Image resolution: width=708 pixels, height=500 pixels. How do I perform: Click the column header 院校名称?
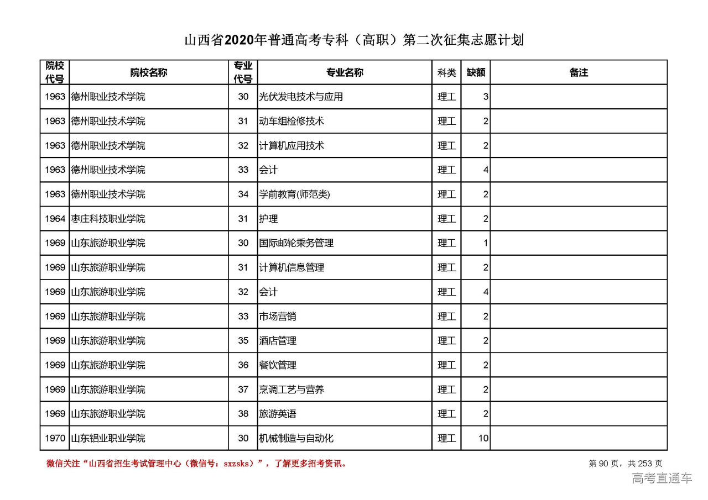pyautogui.click(x=148, y=72)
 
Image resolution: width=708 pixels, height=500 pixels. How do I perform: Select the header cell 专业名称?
pyautogui.click(x=344, y=72)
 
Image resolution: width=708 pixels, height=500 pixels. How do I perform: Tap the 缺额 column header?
pyautogui.click(x=475, y=72)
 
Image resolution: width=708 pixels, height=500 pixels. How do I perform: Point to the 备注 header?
pyautogui.click(x=578, y=72)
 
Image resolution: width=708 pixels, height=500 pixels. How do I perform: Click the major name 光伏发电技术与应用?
pyautogui.click(x=301, y=97)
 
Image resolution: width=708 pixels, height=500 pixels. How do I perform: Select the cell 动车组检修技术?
pyautogui.click(x=291, y=121)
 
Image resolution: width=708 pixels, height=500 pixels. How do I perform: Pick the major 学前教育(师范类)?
pyautogui.click(x=294, y=194)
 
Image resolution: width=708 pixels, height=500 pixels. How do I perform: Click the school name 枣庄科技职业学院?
pyautogui.click(x=108, y=219)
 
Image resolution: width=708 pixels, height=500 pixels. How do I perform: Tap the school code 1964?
pyautogui.click(x=55, y=219)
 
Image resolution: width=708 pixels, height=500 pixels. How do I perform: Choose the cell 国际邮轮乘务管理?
pyautogui.click(x=296, y=243)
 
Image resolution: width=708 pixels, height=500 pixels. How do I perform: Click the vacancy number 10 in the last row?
pyautogui.click(x=483, y=438)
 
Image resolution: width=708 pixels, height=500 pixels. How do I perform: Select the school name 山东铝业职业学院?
pyautogui.click(x=108, y=438)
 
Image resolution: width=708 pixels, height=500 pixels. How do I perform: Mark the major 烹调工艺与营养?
pyautogui.click(x=291, y=390)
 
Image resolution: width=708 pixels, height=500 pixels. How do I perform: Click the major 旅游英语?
pyautogui.click(x=277, y=414)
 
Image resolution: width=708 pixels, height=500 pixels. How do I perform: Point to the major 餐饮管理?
pyautogui.click(x=277, y=365)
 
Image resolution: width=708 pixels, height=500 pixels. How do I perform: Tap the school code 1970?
pyautogui.click(x=55, y=438)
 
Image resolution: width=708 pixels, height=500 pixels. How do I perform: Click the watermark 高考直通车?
pyautogui.click(x=662, y=478)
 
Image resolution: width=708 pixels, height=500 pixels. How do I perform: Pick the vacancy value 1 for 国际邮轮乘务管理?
pyautogui.click(x=485, y=243)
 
